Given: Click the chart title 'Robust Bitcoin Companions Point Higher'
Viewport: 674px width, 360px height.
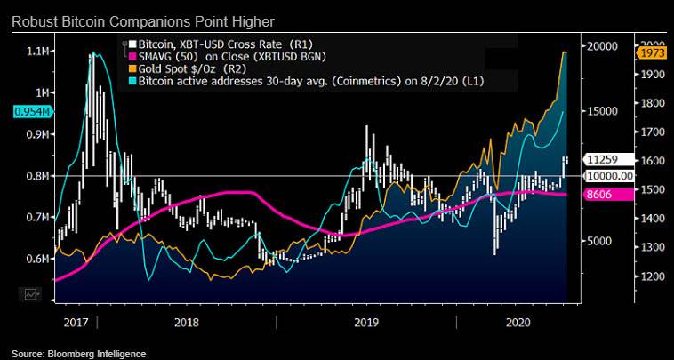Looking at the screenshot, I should tap(142, 20).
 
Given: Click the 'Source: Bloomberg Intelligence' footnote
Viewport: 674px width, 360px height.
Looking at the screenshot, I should tap(79, 354).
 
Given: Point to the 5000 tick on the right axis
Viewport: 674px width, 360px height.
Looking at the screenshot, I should tap(598, 241).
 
